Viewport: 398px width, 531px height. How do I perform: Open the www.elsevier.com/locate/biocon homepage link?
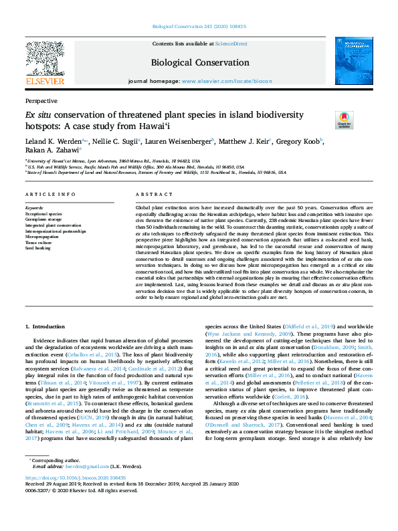pos(229,81)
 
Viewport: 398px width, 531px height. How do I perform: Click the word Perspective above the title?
pos(41,100)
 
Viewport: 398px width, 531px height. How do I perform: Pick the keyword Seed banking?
pos(37,247)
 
